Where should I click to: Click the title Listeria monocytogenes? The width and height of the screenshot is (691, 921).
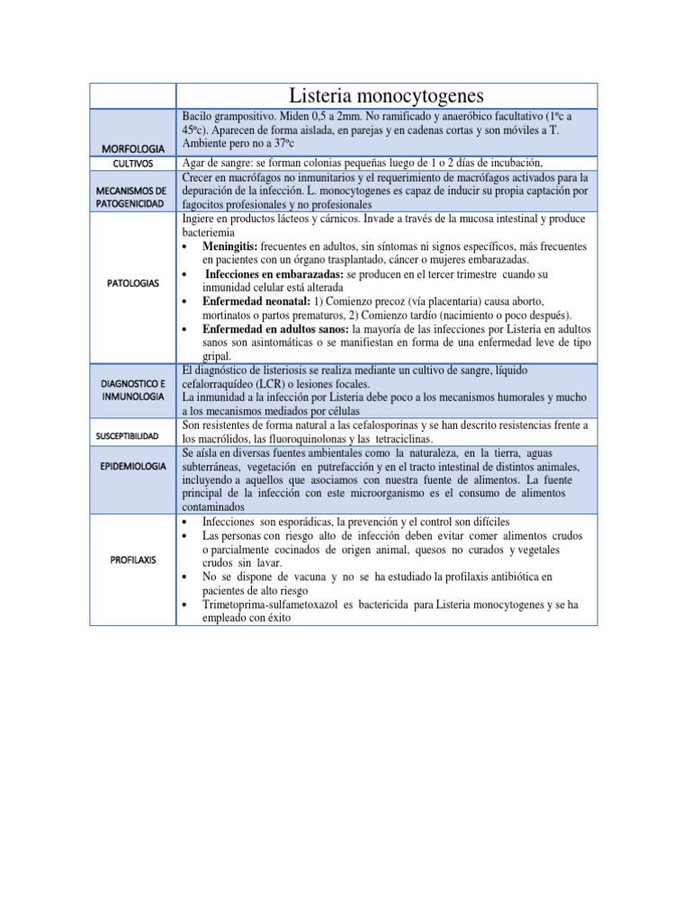(386, 95)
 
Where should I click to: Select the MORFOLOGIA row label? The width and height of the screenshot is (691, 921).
(132, 148)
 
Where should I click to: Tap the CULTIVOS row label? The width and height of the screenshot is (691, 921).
(132, 164)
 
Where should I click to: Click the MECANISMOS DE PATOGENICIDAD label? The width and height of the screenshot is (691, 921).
(132, 198)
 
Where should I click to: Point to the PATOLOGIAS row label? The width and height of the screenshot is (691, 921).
(132, 282)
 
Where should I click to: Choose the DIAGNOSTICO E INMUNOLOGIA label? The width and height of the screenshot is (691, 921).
(132, 389)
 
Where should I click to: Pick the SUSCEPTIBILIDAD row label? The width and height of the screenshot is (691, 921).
(132, 435)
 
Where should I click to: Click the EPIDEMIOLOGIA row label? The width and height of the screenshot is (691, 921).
(132, 469)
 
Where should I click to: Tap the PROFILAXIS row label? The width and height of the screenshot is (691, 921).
(132, 559)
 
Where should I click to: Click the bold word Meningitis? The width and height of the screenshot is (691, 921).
(232, 246)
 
